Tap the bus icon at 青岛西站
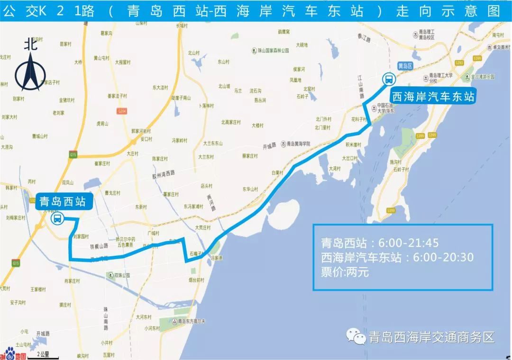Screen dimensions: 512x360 click(57, 218)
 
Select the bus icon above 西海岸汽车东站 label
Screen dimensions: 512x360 click(388, 79)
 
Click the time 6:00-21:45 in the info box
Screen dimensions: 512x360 click(405, 243)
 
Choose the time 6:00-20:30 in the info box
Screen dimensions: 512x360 click(443, 258)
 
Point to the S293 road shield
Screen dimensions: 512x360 click(458, 63)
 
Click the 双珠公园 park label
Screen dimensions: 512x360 click(121, 275)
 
